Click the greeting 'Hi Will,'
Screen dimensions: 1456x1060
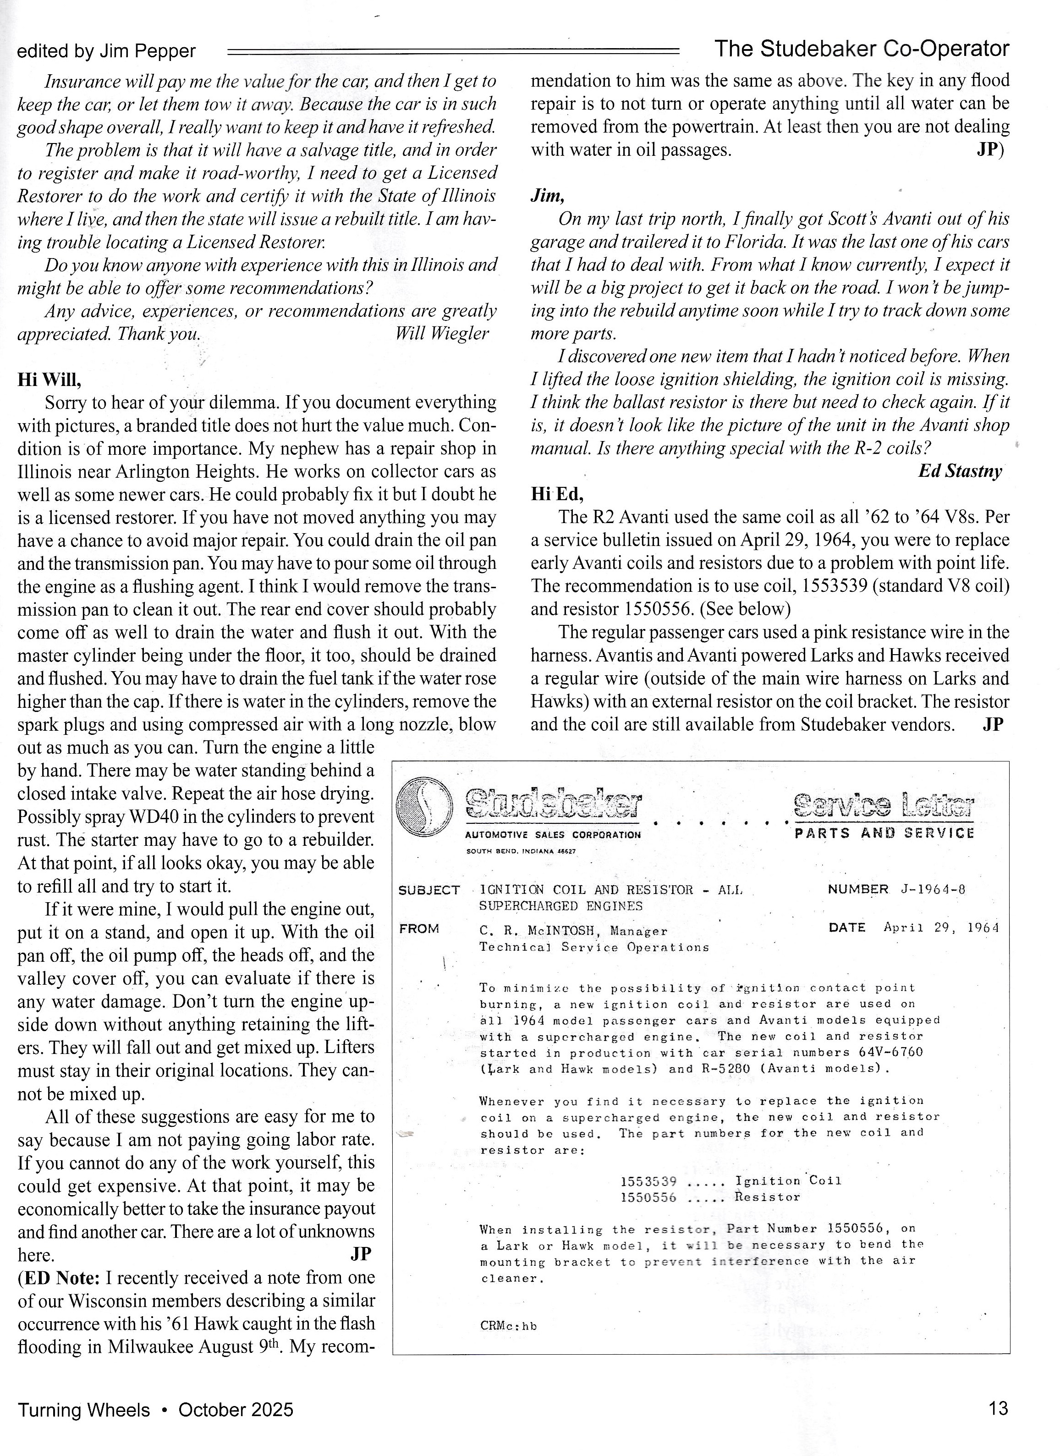(x=49, y=380)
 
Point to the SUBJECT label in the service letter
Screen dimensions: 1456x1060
(x=428, y=890)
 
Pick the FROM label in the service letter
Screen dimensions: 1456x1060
(x=419, y=929)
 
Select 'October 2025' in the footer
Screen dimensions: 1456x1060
(x=236, y=1409)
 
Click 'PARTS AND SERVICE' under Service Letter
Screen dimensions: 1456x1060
(x=884, y=833)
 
